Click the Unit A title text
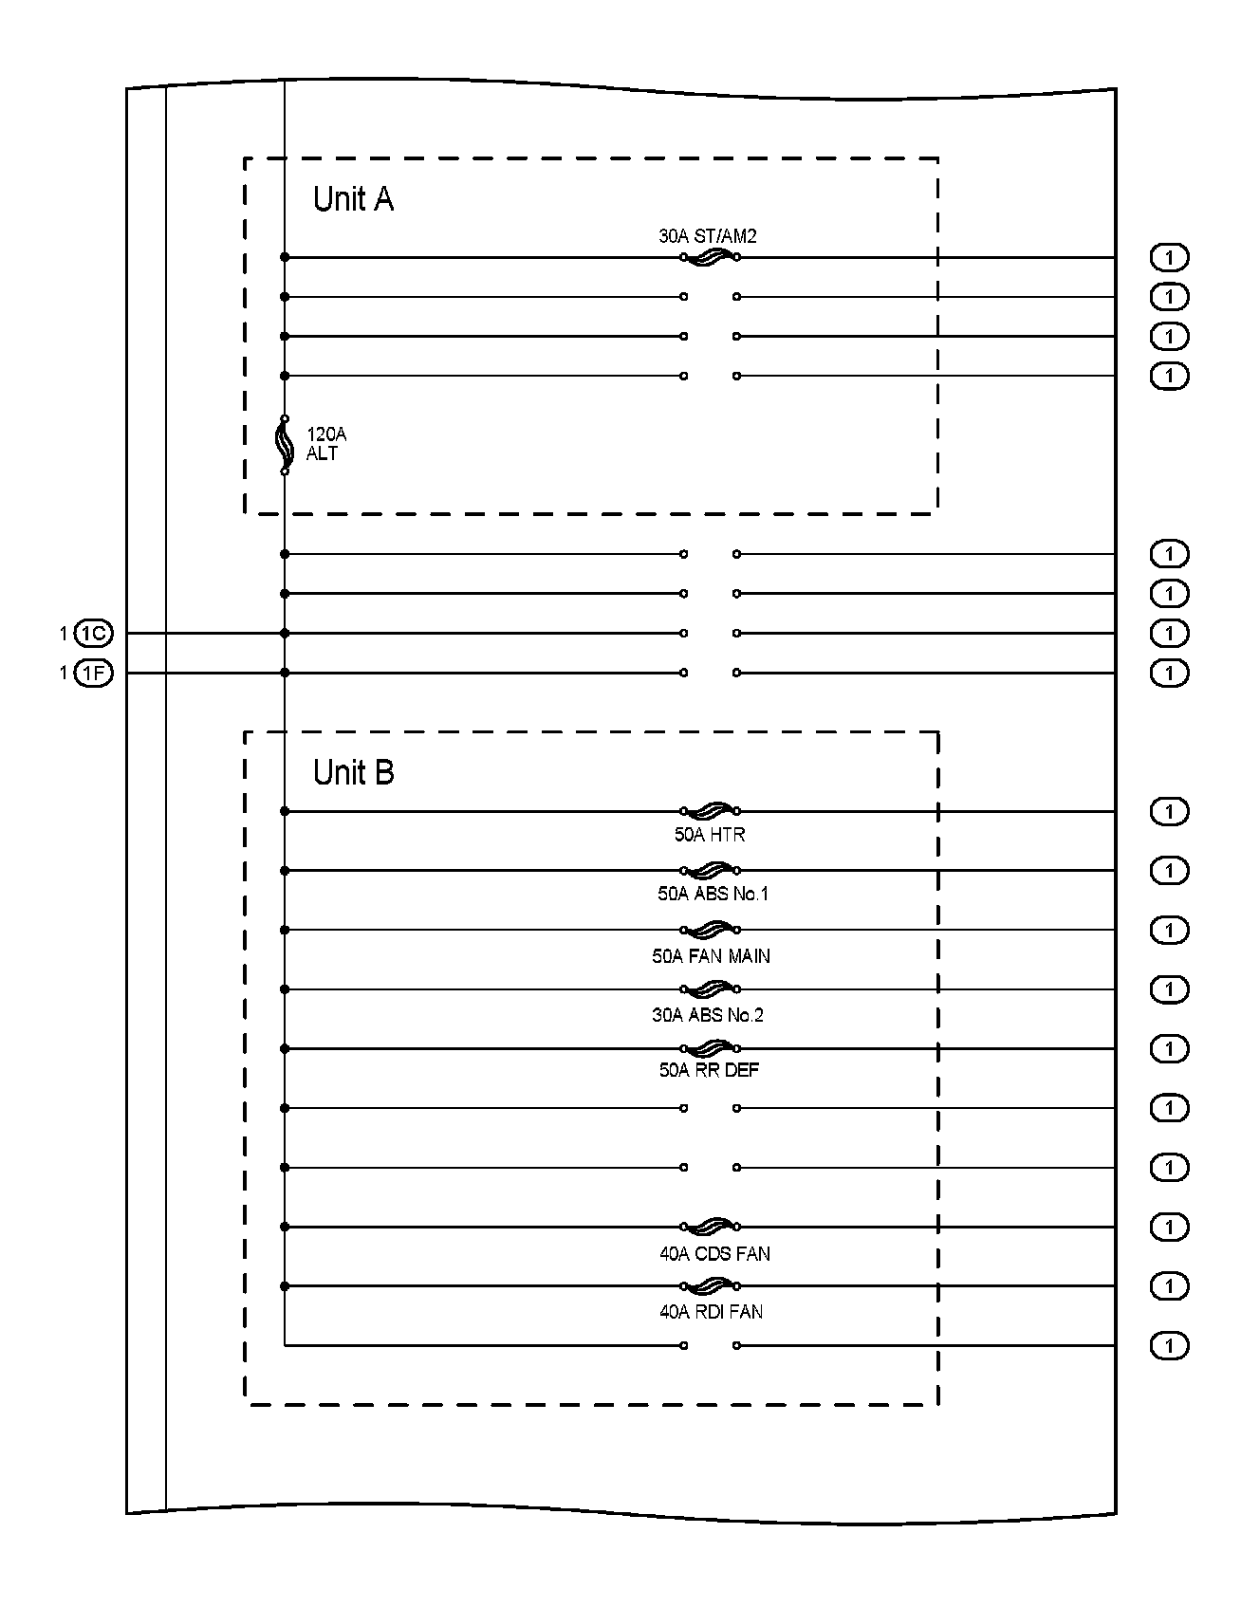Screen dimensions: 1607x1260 tap(353, 199)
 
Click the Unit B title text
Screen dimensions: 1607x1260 tap(353, 773)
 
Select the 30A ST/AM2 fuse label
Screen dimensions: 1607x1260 tap(708, 236)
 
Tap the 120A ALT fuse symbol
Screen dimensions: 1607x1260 tap(284, 445)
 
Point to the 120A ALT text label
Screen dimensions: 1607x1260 tap(325, 444)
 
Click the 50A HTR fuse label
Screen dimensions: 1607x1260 tap(710, 835)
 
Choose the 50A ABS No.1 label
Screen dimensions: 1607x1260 tap(713, 894)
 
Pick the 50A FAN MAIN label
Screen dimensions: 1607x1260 tap(711, 956)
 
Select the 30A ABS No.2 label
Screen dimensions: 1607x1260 tap(708, 1015)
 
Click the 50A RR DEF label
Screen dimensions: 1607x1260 tap(710, 1070)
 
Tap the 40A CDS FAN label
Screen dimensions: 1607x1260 tap(714, 1254)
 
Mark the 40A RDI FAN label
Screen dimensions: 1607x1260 tap(712, 1312)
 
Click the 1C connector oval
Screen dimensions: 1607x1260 tap(93, 634)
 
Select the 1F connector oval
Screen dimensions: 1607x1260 tap(93, 674)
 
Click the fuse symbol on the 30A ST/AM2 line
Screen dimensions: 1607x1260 tap(710, 257)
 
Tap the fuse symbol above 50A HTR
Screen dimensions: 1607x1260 tap(710, 811)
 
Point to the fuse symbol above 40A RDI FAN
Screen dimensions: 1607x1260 tap(710, 1286)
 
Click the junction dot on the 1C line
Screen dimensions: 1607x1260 tap(285, 633)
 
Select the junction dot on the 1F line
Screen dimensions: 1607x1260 tap(285, 673)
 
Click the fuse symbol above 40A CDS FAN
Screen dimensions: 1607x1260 tap(710, 1227)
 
